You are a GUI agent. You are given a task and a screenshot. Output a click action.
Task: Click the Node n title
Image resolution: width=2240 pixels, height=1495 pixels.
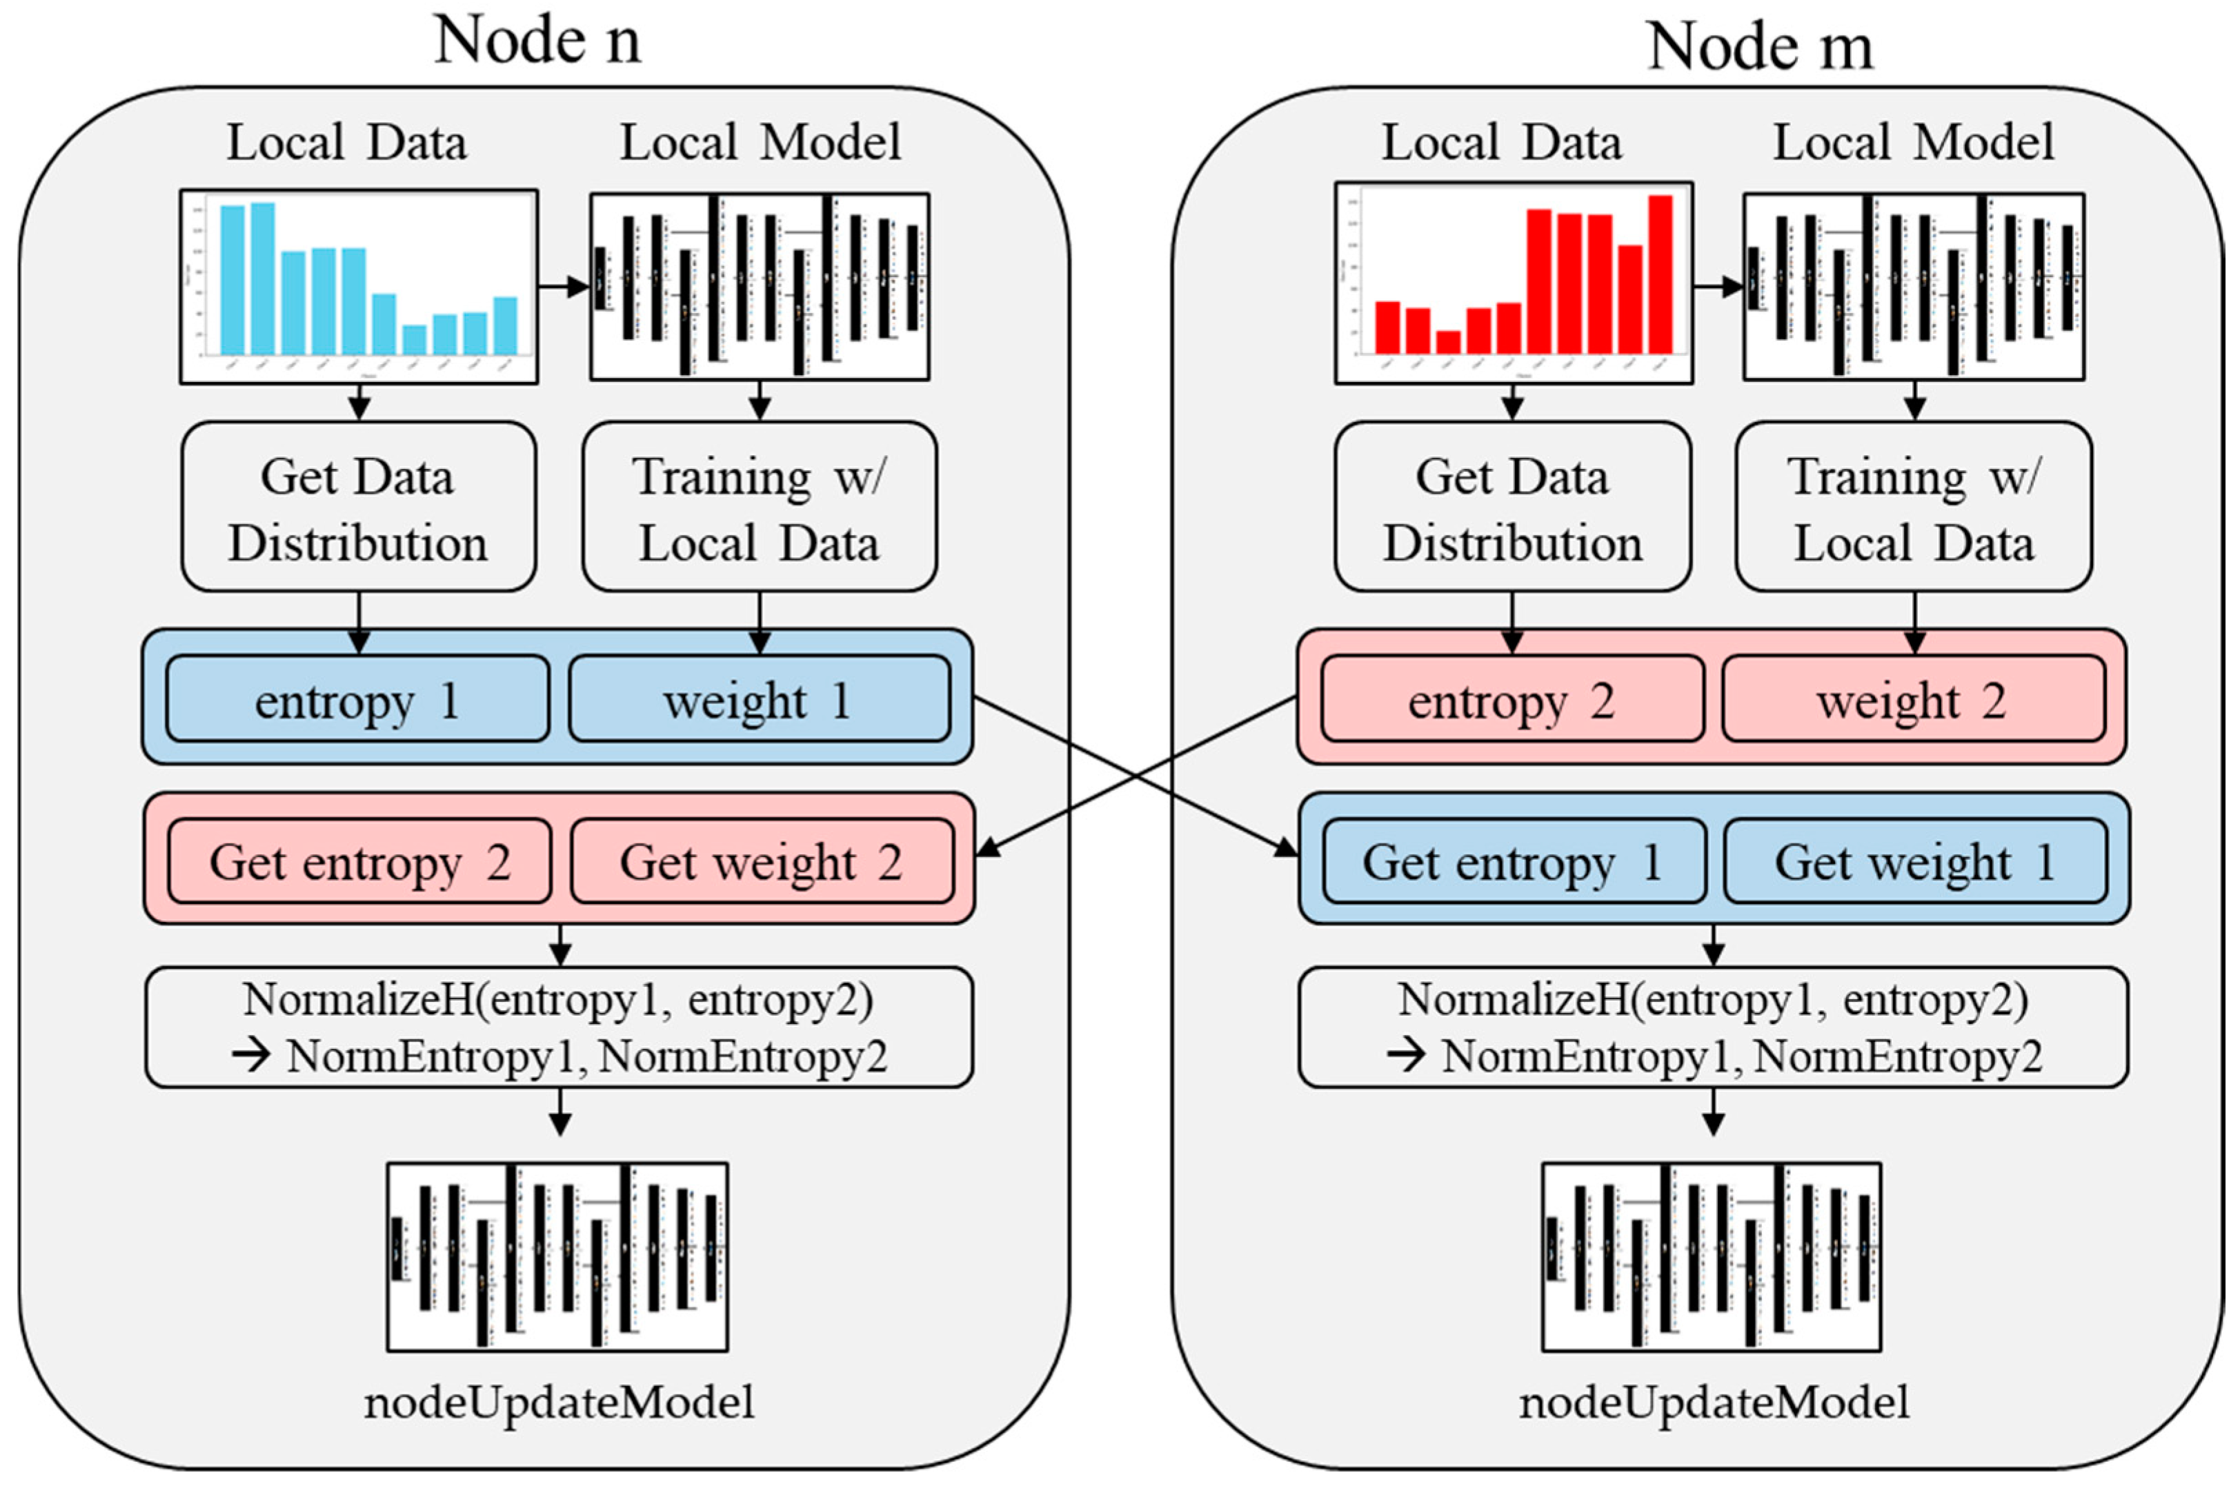tap(537, 40)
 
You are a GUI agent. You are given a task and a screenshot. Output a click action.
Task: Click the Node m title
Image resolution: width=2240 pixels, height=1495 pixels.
tap(1759, 46)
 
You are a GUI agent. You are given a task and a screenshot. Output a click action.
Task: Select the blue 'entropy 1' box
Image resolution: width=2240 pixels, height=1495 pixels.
tap(357, 701)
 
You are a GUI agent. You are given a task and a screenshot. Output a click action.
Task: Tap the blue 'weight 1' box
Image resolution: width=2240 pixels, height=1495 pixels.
tap(759, 701)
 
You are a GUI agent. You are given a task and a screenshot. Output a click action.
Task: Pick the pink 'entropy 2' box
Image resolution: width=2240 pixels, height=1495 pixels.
tap(1511, 701)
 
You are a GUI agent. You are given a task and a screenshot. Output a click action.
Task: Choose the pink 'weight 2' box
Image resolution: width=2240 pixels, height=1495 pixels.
tap(1913, 701)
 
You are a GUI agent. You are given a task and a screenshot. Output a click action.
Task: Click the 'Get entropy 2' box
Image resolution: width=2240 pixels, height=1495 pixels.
tap(359, 862)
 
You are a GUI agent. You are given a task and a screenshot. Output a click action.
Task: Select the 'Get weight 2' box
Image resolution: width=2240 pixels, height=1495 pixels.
tap(762, 862)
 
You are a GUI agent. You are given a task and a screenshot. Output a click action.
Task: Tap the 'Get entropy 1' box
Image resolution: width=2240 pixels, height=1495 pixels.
tap(1514, 862)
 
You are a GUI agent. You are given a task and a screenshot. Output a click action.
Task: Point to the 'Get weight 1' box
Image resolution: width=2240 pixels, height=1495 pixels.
tap(1915, 862)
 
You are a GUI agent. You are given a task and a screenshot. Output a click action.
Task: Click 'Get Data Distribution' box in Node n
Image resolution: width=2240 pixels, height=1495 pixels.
tap(359, 508)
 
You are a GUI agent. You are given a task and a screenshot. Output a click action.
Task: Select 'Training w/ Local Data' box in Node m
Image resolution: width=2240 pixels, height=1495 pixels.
tap(1913, 508)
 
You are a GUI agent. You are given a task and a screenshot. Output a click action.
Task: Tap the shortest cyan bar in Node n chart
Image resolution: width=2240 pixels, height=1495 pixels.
tap(414, 339)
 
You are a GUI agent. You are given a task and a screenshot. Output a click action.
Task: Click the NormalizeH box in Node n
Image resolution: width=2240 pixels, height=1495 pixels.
tap(559, 1027)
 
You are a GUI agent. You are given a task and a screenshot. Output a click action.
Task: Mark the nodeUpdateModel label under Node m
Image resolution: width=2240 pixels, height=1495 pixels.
tap(1714, 1401)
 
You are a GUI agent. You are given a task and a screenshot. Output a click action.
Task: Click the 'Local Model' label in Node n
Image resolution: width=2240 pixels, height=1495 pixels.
tap(760, 142)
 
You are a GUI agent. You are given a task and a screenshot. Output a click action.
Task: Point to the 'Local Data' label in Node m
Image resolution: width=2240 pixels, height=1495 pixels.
tap(1501, 142)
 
